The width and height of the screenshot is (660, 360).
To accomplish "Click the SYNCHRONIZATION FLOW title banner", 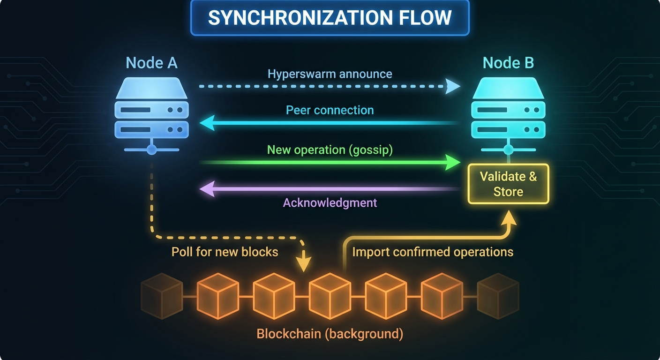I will pyautogui.click(x=330, y=18).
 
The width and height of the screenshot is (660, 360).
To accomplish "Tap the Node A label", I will pyautogui.click(x=151, y=63).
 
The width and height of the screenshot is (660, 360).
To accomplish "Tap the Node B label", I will pyautogui.click(x=508, y=63).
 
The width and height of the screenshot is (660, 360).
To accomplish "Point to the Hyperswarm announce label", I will pyautogui.click(x=330, y=74).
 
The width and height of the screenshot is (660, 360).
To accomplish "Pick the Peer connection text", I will pyautogui.click(x=330, y=110).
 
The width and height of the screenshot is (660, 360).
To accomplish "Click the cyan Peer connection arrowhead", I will pyautogui.click(x=207, y=123).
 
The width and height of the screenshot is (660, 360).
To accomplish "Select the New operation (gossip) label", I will pyautogui.click(x=330, y=150).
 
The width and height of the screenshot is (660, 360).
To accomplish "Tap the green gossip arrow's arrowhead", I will pyautogui.click(x=453, y=163).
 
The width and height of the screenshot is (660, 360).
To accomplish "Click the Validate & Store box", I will pyautogui.click(x=508, y=184).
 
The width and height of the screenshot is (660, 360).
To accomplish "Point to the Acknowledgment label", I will pyautogui.click(x=330, y=202).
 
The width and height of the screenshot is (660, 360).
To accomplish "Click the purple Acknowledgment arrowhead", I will pyautogui.click(x=207, y=189).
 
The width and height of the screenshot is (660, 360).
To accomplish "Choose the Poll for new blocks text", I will pyautogui.click(x=225, y=252).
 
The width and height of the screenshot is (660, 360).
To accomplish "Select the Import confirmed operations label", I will pyautogui.click(x=432, y=252).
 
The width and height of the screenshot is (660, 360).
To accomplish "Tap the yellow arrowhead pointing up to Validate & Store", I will pyautogui.click(x=509, y=217).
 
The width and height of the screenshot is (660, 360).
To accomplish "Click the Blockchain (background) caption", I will pyautogui.click(x=330, y=334).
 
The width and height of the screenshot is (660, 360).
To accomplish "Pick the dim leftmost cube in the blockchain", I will pyautogui.click(x=162, y=296).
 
